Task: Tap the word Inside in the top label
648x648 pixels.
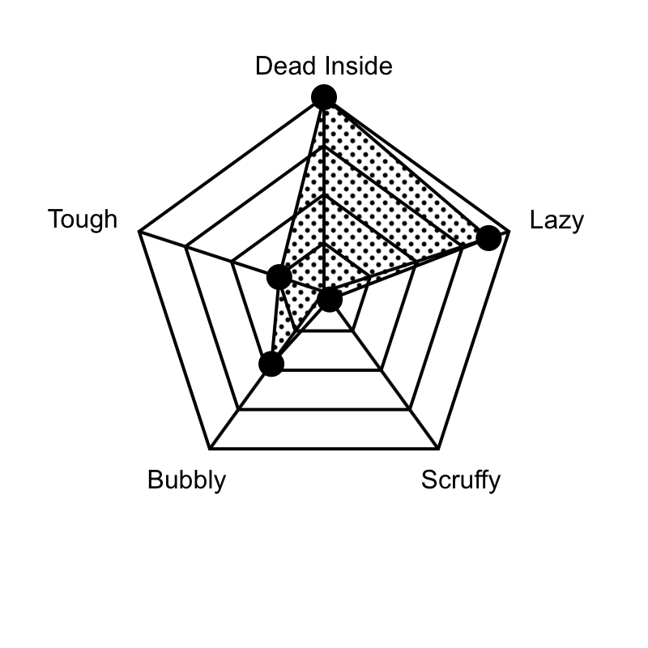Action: [x=358, y=66]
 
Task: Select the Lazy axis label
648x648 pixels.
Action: [x=556, y=220]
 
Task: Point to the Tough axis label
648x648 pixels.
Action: [x=83, y=219]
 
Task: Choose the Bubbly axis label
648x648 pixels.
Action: [x=187, y=480]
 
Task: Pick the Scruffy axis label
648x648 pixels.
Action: [x=461, y=480]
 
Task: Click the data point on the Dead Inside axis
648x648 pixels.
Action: [x=324, y=97]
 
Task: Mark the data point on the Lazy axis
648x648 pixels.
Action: [x=488, y=238]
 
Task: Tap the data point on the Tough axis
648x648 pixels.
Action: [x=279, y=277]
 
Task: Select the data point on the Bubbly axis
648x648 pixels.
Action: [x=271, y=364]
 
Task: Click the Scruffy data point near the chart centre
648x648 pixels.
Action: [x=330, y=299]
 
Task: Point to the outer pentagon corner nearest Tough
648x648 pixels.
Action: [x=139, y=232]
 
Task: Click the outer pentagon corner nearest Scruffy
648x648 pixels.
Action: [x=438, y=448]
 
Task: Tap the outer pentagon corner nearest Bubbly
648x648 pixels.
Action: [x=210, y=448]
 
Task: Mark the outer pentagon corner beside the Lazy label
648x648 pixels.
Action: [x=509, y=232]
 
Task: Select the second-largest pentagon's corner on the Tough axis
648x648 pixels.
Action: [x=185, y=247]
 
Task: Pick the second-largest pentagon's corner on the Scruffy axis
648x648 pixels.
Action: [x=410, y=409]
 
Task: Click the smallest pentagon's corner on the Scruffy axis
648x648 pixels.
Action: [x=352, y=330]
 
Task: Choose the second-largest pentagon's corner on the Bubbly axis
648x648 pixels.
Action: [x=238, y=409]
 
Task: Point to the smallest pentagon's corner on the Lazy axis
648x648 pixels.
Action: [x=370, y=276]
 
